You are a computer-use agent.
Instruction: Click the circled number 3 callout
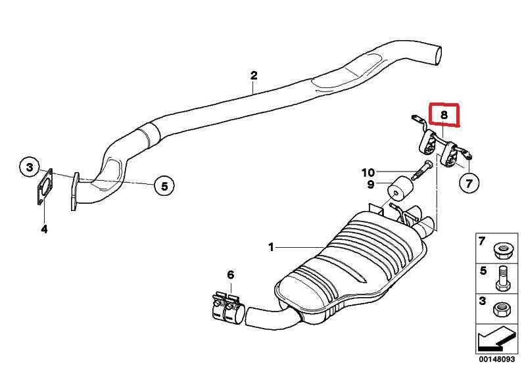[30, 167]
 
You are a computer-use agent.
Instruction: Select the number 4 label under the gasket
[44, 229]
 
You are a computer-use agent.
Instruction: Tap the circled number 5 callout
[164, 185]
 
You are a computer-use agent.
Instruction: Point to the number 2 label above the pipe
[254, 76]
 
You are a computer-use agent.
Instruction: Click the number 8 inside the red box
[444, 115]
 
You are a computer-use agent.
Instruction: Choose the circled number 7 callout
[469, 183]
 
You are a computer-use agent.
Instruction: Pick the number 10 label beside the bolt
[368, 173]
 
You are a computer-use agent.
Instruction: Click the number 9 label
[371, 185]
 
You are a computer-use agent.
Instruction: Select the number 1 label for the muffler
[271, 248]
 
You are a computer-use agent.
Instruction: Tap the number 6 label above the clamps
[231, 275]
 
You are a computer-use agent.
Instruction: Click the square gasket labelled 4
[45, 187]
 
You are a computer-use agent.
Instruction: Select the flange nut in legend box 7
[502, 251]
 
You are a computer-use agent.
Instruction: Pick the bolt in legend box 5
[503, 278]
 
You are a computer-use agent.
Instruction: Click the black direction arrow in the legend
[495, 339]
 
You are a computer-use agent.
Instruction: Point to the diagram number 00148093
[496, 360]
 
